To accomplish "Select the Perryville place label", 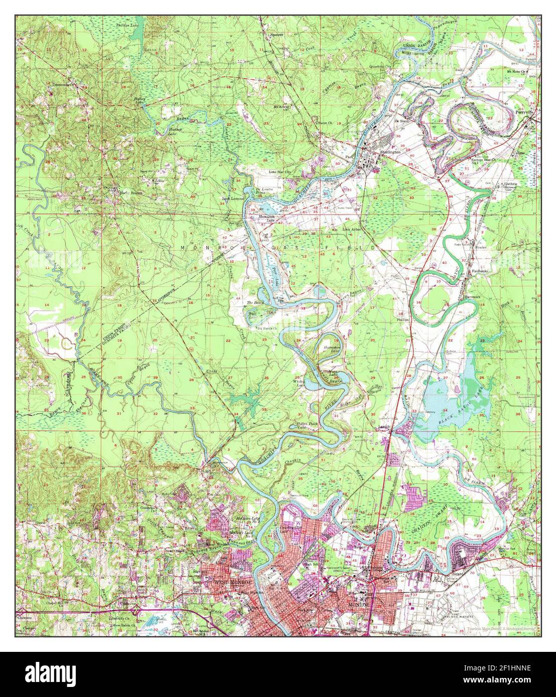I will pos(527,113).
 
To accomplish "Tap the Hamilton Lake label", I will pos(266,218).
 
